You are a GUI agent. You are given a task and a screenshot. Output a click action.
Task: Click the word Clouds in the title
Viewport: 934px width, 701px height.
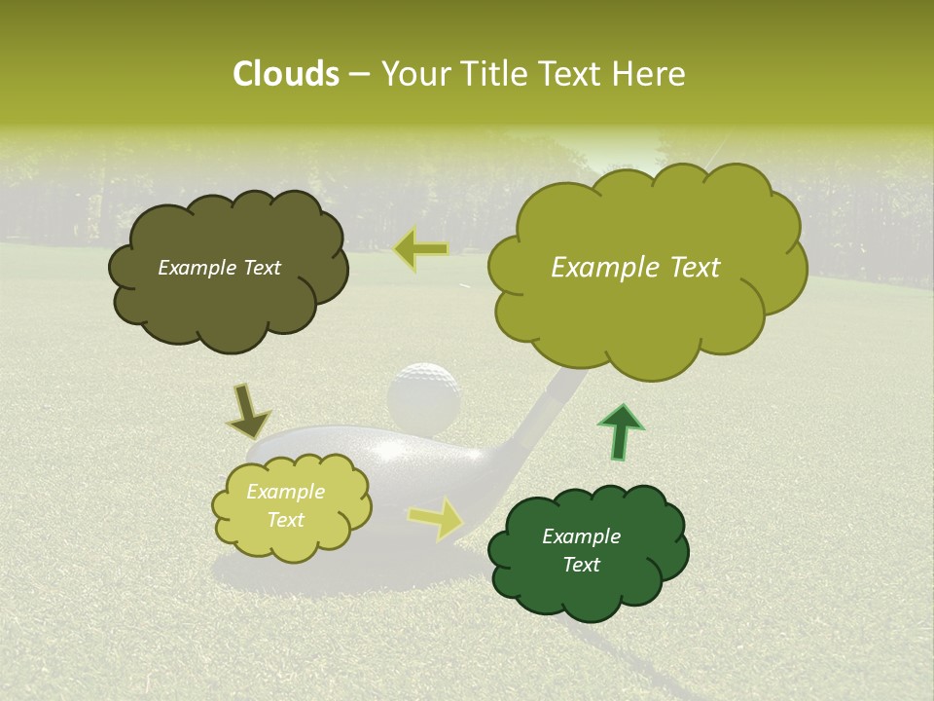point(285,74)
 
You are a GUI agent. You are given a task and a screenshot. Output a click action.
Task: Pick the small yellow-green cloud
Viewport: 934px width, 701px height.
point(291,506)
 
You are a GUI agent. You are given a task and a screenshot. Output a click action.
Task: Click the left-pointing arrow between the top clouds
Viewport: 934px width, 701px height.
point(420,249)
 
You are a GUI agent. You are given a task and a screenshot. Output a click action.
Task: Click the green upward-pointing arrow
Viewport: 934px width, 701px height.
point(620,429)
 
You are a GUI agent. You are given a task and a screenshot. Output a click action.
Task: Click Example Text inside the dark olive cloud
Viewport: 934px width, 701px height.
point(219,268)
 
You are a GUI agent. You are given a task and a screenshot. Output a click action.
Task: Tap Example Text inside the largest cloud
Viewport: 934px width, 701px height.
point(635,268)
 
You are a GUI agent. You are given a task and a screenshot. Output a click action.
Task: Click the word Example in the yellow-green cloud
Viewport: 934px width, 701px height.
point(285,492)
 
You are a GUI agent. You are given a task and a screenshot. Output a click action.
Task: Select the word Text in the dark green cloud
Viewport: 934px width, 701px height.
point(581,565)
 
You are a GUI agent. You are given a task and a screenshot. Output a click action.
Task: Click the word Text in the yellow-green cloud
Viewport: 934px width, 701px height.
point(285,520)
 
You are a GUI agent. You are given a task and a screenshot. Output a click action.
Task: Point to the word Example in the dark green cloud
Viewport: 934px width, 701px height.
point(581,536)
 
